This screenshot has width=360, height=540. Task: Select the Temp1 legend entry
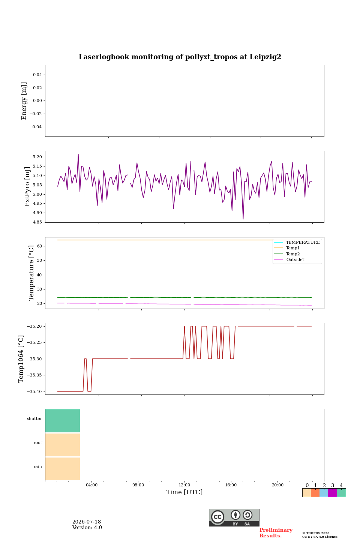(x=293, y=248)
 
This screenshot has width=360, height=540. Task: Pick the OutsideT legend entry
(x=295, y=259)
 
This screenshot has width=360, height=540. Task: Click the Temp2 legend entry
(x=293, y=254)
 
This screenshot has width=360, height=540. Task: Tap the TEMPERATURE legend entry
(x=303, y=242)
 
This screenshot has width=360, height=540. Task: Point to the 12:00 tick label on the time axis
(x=184, y=485)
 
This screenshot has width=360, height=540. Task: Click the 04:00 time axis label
(x=91, y=485)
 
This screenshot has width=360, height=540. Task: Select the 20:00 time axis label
(x=277, y=485)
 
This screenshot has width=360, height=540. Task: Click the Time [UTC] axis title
(x=184, y=492)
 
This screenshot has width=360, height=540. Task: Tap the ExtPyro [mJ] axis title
(x=27, y=187)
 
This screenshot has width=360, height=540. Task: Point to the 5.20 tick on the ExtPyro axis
(x=37, y=157)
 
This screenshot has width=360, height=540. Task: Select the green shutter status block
(x=63, y=421)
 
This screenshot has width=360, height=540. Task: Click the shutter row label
(x=34, y=418)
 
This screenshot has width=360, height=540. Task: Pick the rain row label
(x=38, y=466)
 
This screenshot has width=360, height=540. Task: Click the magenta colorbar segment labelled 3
(x=332, y=493)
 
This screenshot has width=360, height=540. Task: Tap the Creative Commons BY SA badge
(x=234, y=517)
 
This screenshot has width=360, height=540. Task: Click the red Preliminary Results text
(x=276, y=533)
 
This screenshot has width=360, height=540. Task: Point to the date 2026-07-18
(x=87, y=522)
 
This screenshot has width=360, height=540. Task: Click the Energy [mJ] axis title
(x=24, y=101)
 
